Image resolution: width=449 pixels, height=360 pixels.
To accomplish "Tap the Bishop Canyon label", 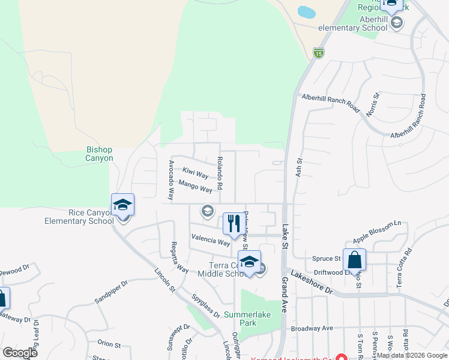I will (99, 154).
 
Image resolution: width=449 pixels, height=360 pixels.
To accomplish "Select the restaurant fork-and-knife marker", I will (233, 224).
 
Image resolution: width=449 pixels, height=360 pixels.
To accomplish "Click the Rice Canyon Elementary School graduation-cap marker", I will (123, 205).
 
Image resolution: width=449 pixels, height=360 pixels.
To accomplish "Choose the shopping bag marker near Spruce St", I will (355, 260).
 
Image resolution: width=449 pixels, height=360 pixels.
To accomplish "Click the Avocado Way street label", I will (171, 179).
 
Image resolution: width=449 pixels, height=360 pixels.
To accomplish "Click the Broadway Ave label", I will (312, 328).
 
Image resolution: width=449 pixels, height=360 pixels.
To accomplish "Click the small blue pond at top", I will (306, 12).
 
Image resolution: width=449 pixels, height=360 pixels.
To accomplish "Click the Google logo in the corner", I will (20, 352).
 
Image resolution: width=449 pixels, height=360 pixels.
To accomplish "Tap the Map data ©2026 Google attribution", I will (411, 355).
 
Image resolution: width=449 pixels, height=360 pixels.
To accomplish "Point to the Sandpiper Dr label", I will (112, 290).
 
